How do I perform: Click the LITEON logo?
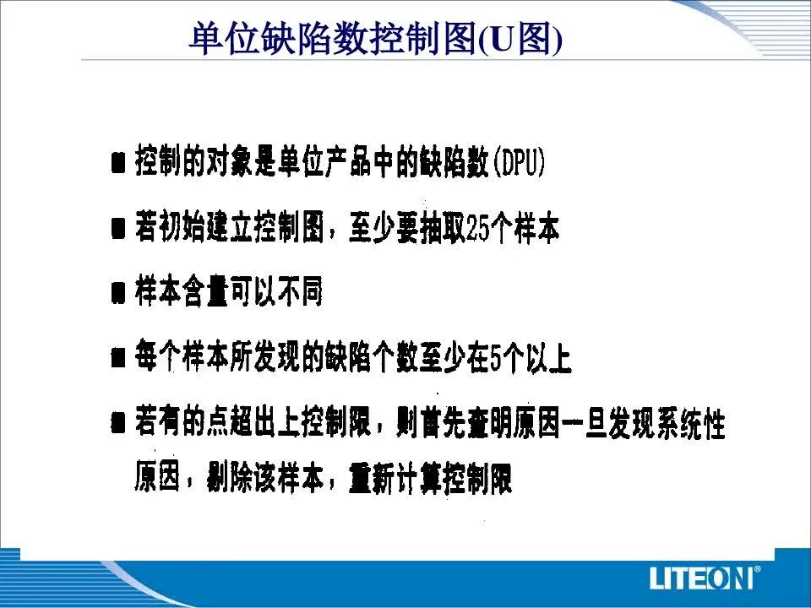point(705,578)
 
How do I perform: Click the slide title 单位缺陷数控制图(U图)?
point(375,39)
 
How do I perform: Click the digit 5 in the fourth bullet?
point(496,358)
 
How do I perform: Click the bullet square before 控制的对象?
point(118,163)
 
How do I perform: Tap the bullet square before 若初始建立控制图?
point(118,229)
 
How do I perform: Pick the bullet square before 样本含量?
point(118,293)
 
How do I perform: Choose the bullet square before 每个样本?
point(118,357)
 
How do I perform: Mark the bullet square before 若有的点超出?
point(118,423)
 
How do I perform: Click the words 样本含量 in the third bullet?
point(182,291)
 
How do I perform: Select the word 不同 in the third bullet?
point(300,291)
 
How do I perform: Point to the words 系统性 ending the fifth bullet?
point(690,423)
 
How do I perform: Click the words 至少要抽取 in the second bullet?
point(407,228)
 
